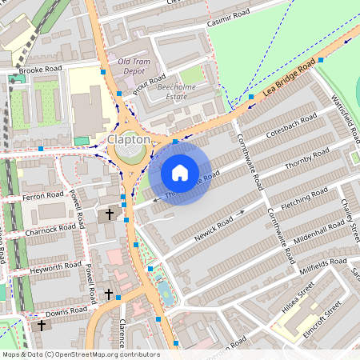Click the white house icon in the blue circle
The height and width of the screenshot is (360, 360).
pos(179,172)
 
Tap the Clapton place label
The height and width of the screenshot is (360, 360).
pos(128,139)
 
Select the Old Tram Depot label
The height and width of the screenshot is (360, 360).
pos(133,66)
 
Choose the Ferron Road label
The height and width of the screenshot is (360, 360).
pos(43,195)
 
